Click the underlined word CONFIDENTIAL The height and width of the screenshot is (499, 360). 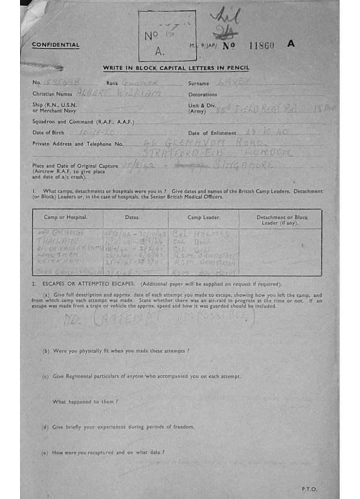[x=56, y=45]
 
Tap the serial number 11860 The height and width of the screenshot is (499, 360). [x=262, y=45]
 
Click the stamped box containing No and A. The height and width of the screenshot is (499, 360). [x=167, y=36]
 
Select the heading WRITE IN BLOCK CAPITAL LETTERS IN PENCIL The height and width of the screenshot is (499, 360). [x=176, y=68]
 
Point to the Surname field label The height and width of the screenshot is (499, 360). [x=199, y=83]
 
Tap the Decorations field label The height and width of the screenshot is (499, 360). [x=203, y=94]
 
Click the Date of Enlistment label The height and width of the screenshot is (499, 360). [x=212, y=133]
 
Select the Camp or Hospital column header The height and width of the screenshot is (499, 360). [x=66, y=217]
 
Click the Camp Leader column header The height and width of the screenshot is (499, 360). [x=204, y=217]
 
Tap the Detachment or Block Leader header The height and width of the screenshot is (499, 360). [x=282, y=220]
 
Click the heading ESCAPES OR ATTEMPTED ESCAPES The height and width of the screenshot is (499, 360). [x=88, y=284]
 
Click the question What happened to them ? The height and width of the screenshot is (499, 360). [x=85, y=402]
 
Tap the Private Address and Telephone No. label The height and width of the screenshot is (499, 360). [x=78, y=144]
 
